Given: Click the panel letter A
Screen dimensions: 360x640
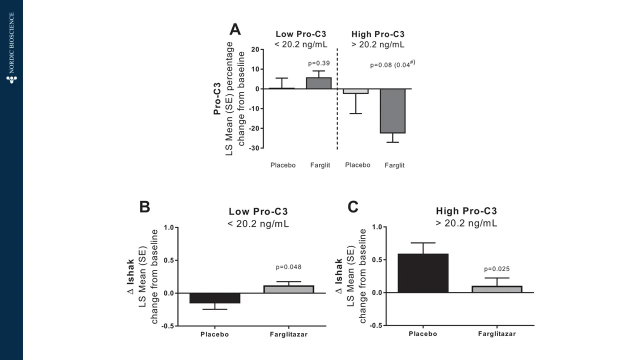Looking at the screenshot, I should [x=235, y=30].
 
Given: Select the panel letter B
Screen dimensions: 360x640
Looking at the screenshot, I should [x=144, y=207].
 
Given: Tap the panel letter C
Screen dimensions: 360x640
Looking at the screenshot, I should [x=353, y=206].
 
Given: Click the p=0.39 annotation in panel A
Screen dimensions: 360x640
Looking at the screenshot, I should [x=318, y=63].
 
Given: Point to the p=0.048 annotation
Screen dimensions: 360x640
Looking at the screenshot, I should [x=288, y=267].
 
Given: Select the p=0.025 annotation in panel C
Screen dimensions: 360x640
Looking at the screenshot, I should [x=497, y=269].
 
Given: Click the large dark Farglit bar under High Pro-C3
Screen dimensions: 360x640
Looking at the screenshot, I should [x=392, y=111].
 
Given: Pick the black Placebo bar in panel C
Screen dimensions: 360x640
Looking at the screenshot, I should [x=423, y=273].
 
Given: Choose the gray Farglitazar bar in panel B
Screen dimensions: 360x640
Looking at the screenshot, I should [x=288, y=289].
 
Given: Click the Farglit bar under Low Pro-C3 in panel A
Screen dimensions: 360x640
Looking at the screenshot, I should [x=318, y=83].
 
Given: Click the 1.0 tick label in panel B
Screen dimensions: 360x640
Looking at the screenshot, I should [x=168, y=227].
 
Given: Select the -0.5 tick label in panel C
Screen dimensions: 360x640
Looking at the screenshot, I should [x=376, y=325].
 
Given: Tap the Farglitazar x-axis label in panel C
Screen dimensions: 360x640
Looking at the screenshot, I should [x=496, y=334].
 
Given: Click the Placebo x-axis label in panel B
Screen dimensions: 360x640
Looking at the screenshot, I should [x=214, y=334].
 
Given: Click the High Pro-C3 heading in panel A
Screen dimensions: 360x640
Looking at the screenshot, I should [x=378, y=34].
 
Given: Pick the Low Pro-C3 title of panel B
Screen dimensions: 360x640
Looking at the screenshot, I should [x=258, y=211].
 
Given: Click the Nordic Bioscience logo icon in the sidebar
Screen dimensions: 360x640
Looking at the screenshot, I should [x=11, y=79].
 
